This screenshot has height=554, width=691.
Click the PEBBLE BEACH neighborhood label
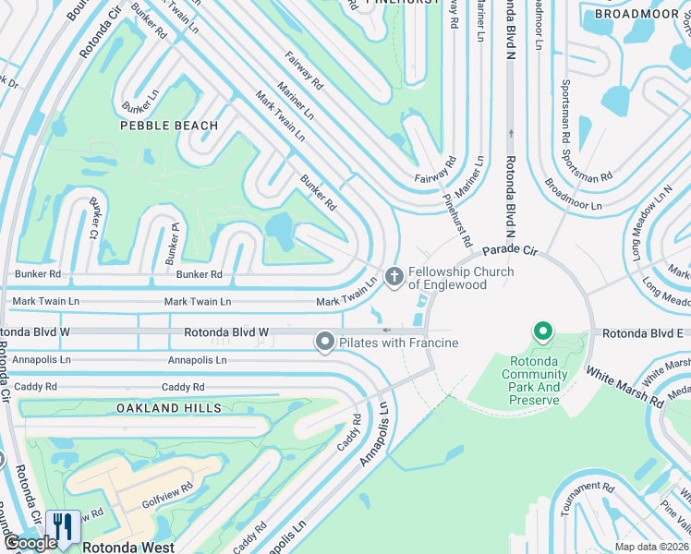tap(168, 126)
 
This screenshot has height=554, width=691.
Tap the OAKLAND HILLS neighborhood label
tap(169, 408)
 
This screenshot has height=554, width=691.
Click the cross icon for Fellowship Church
tap(394, 277)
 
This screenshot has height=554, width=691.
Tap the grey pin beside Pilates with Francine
tap(324, 343)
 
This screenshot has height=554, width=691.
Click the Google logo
tap(30, 543)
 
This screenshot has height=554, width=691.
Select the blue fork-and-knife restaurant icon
tap(63, 527)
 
